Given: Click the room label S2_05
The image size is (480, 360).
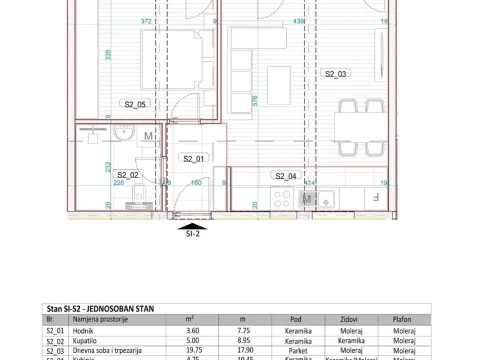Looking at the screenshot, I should coord(135,103).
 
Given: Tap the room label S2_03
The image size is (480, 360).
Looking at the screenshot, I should coord(335,73).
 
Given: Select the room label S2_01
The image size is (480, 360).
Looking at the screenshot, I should coord(193,158).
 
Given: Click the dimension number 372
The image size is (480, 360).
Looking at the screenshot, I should coord(146,20).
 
